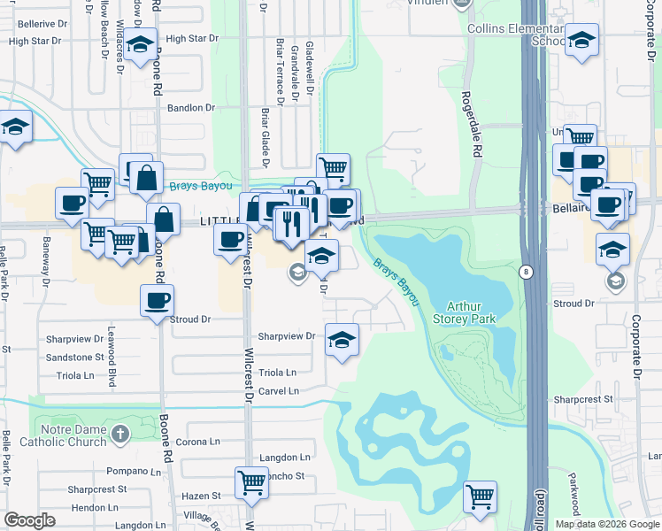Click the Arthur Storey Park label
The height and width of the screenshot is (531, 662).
click(465, 312)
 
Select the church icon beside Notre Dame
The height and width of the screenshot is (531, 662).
click(121, 434)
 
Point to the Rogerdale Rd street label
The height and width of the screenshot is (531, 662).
click(477, 124)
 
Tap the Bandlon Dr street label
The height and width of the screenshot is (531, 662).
click(191, 108)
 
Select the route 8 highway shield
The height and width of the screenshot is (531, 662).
click(527, 273)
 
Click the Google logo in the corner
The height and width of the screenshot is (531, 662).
click(29, 520)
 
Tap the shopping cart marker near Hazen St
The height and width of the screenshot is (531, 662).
click(251, 483)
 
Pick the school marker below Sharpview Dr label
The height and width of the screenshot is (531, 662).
click(342, 340)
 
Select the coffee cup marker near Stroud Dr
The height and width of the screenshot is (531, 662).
click(157, 300)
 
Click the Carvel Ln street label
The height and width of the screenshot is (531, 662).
click(278, 391)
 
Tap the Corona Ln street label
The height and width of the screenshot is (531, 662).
click(198, 442)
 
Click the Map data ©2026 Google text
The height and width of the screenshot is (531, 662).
click(607, 524)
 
